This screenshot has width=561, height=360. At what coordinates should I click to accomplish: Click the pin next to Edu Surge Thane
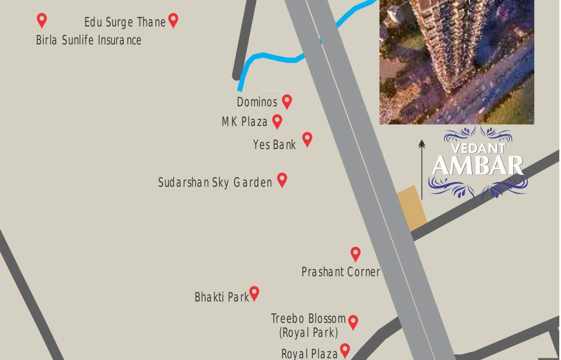click(x=173, y=20)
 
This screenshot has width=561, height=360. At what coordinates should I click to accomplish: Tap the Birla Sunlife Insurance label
click(x=88, y=40)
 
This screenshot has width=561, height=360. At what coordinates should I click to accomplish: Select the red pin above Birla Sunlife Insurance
click(x=42, y=20)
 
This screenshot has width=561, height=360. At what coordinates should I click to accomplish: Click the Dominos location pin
click(x=287, y=101)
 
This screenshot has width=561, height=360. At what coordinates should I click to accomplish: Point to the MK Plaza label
click(x=244, y=121)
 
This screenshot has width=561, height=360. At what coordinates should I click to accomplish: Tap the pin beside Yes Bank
click(x=307, y=139)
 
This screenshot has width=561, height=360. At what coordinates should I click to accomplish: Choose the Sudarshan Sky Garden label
click(x=215, y=183)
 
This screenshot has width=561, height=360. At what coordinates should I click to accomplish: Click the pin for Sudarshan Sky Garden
click(x=282, y=179)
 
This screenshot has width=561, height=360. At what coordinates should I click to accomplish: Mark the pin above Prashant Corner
click(x=356, y=254)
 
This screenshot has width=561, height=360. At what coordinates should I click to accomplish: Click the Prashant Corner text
click(x=340, y=272)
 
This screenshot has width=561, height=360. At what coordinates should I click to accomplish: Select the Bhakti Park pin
click(x=254, y=293)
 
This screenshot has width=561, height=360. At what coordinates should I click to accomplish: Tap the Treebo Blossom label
click(x=308, y=319)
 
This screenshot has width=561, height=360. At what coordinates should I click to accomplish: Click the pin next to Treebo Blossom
click(x=353, y=322)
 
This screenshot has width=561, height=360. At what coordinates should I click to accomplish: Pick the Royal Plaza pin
click(x=345, y=350)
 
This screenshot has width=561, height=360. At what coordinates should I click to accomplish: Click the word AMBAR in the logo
click(x=478, y=166)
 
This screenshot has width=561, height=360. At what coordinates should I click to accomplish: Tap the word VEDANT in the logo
click(x=478, y=148)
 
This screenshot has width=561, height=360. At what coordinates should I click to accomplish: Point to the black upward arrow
click(x=421, y=169)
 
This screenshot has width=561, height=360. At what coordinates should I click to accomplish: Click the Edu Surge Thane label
click(x=125, y=22)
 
